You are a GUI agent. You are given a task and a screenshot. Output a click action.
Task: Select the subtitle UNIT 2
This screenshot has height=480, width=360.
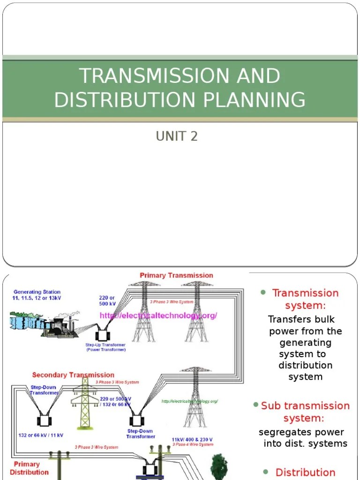(x=177, y=136)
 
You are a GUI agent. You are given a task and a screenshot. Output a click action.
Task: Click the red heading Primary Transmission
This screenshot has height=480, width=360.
(x=176, y=275)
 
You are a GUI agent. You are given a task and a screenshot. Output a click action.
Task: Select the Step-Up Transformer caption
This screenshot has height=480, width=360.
(x=105, y=347)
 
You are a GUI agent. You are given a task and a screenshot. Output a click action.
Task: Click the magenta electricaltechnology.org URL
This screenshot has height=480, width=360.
(x=158, y=315)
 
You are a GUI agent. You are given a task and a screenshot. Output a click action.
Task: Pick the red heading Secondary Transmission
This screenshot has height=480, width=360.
(x=73, y=375)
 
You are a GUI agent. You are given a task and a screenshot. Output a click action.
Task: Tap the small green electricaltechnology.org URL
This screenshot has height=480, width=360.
(x=189, y=401)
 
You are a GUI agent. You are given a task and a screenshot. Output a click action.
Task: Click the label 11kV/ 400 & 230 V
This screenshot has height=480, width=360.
(x=192, y=440)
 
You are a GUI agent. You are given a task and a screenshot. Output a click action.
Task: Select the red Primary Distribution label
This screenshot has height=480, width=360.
(x=29, y=468)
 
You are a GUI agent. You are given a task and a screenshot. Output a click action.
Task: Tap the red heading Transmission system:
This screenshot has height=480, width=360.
(x=305, y=299)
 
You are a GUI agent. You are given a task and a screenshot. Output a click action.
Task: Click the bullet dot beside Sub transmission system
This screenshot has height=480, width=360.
(x=255, y=404)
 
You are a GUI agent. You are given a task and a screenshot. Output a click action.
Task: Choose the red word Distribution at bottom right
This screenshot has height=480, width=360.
(x=305, y=472)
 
